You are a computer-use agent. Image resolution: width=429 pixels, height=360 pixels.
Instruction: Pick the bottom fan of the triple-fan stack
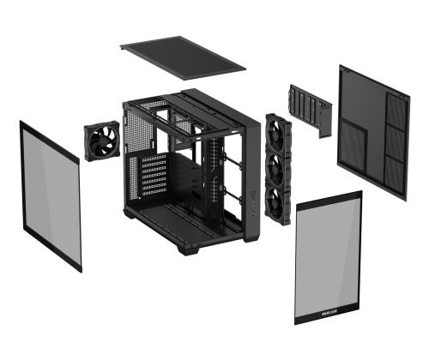[x=280, y=203]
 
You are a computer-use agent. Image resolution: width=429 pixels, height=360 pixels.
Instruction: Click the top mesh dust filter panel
[x=183, y=57]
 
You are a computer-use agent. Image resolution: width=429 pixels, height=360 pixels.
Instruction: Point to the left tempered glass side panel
[x=51, y=194]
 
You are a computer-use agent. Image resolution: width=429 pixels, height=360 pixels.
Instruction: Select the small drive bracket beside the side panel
[x=310, y=110]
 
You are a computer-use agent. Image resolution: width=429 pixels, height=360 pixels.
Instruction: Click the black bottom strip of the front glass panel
[x=329, y=315]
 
